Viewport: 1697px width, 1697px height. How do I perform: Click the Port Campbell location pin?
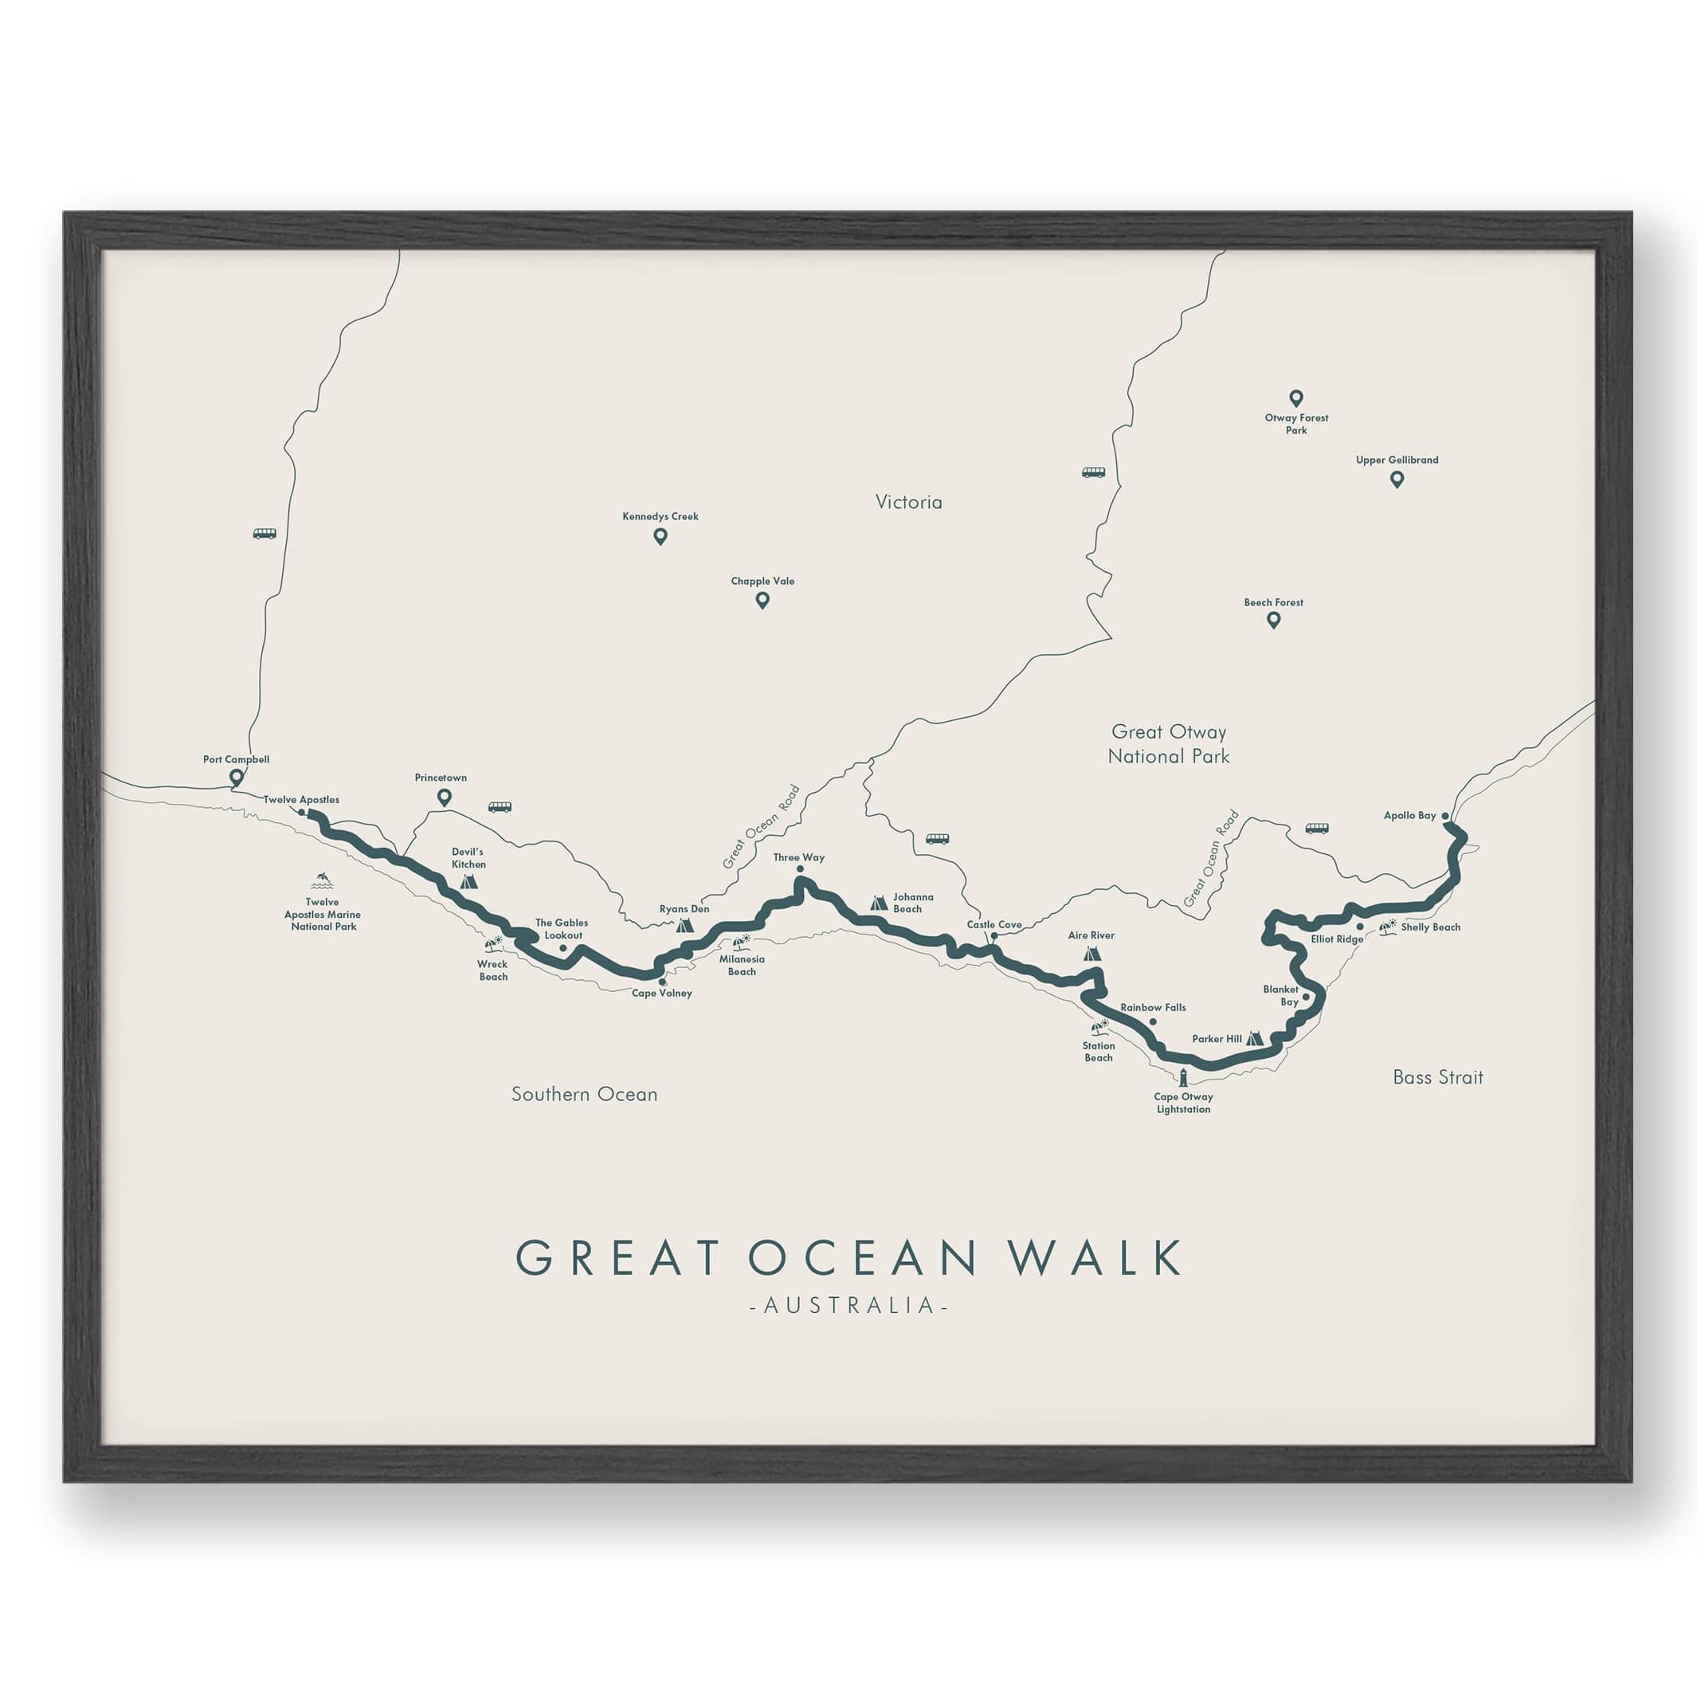[235, 777]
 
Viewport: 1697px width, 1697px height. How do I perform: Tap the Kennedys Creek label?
[660, 516]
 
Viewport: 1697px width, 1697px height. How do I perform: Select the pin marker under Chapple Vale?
[762, 600]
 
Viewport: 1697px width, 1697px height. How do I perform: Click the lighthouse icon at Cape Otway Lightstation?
[1183, 1078]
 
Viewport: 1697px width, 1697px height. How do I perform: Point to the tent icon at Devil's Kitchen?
[468, 880]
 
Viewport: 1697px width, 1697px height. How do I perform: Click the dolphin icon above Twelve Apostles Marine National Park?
[322, 880]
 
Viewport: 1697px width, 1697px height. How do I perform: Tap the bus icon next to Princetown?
[499, 807]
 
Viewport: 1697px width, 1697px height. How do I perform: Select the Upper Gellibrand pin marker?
[1397, 480]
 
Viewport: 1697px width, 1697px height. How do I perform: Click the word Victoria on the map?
[908, 503]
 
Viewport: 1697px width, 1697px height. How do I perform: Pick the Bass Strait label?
[1437, 1078]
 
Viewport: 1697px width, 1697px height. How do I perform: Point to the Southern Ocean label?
[584, 1095]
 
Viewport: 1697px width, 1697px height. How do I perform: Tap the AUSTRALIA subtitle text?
[848, 1306]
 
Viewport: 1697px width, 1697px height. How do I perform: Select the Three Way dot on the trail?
[799, 868]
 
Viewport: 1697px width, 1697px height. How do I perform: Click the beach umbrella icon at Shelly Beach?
[1388, 926]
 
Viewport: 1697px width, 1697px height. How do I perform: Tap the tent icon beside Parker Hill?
[1254, 1038]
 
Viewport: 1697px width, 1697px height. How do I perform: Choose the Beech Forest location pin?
[1273, 620]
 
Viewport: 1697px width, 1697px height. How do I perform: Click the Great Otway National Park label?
[1167, 744]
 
